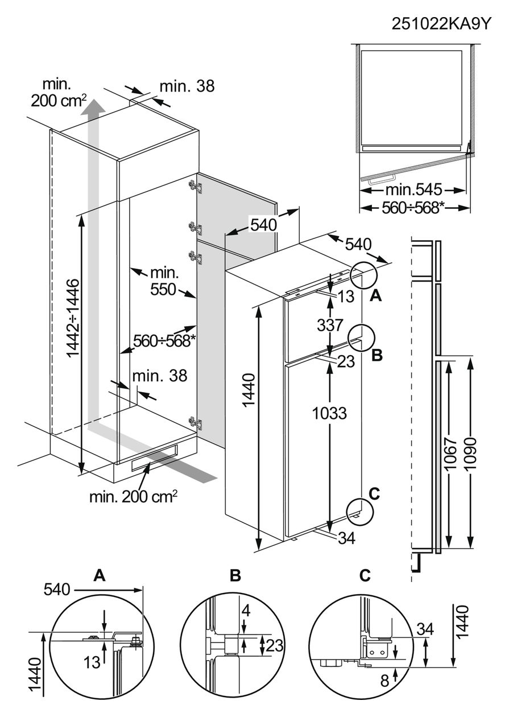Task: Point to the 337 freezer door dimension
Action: (x=330, y=325)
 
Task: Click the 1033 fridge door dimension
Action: (x=330, y=413)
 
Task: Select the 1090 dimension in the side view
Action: (x=470, y=453)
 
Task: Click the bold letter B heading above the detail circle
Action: (x=235, y=575)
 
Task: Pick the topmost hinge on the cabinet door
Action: (x=195, y=186)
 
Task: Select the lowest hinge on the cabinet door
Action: (x=195, y=423)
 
